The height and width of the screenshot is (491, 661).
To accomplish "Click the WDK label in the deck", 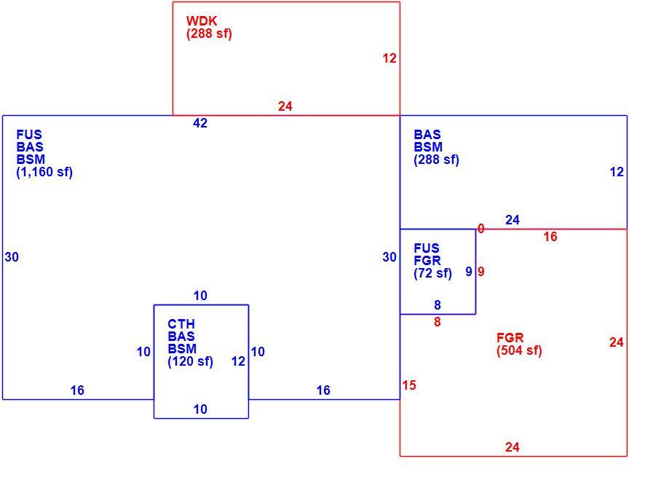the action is click(x=202, y=20).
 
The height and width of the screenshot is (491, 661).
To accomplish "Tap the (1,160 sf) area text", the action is click(x=44, y=172).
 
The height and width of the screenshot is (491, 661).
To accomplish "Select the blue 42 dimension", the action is click(x=200, y=122).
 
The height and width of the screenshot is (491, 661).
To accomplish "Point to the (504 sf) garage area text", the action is click(x=519, y=350).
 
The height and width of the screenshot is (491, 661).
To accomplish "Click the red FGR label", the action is click(x=510, y=338).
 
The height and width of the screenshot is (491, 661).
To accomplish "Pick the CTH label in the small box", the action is click(x=181, y=324).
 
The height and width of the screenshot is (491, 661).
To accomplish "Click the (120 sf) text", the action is click(x=190, y=361).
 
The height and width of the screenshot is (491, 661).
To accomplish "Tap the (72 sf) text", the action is click(x=432, y=273).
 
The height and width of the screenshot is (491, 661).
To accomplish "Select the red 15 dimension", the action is click(x=409, y=385).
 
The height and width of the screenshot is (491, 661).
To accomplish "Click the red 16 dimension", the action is click(x=550, y=237).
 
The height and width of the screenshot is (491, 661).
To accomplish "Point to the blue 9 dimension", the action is click(x=469, y=272).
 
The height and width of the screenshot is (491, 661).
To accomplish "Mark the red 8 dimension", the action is click(x=438, y=322).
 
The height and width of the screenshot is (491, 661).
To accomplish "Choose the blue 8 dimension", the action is click(x=438, y=305).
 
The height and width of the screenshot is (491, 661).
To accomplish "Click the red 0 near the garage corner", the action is click(x=481, y=229).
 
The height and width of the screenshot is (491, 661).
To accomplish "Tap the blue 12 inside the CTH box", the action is click(x=238, y=361).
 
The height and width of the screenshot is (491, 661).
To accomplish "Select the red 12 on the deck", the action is click(x=389, y=58).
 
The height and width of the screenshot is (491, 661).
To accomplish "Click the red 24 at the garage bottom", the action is click(x=512, y=447).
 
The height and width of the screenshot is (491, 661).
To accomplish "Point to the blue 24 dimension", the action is click(x=512, y=220).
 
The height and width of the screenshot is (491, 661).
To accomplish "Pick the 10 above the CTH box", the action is click(x=200, y=296).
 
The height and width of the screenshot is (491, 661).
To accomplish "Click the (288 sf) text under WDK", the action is click(x=209, y=34).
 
